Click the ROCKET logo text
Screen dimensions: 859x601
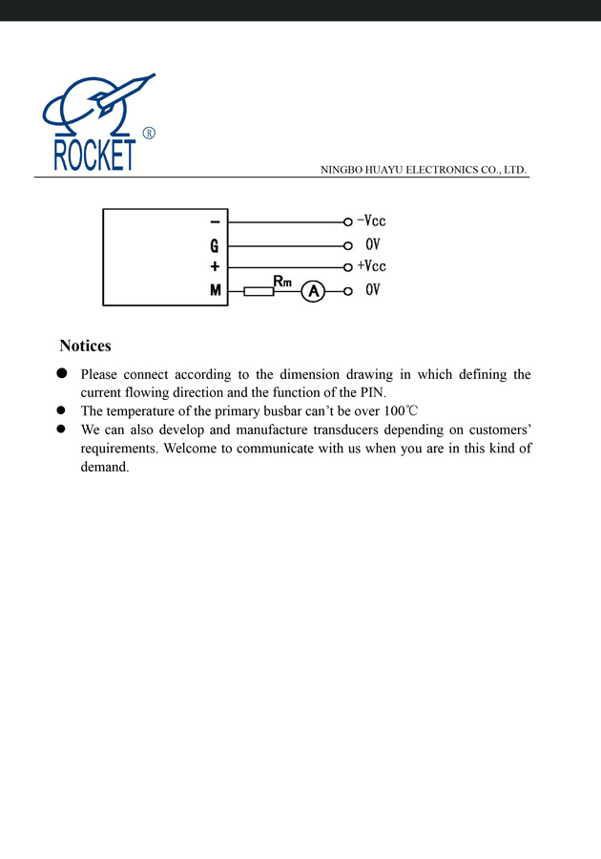94,156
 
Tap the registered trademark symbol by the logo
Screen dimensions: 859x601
149,133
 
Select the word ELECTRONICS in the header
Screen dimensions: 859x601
443,170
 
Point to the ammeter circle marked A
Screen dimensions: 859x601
313,291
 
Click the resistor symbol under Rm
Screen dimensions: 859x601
259,291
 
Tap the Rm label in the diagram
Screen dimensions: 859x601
282,281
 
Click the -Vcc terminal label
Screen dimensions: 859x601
371,221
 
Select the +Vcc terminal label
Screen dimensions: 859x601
371,266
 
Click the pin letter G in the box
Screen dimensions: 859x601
215,245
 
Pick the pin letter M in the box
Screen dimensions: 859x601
216,290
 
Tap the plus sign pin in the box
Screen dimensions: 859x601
215,267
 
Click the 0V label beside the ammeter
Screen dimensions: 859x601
373,290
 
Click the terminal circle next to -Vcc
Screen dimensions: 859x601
348,222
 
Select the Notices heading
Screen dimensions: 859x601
85,346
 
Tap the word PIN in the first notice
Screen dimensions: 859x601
371,393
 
